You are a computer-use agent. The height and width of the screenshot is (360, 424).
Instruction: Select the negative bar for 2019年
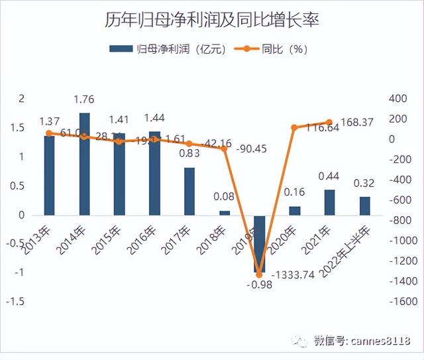pos(259,243)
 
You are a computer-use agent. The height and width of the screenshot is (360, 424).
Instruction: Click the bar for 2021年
pos(329,202)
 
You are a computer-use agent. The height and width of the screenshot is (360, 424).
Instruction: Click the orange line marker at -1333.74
pos(259,274)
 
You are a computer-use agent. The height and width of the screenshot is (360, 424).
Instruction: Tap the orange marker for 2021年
pos(329,122)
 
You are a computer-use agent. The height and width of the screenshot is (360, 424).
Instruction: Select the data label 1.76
pos(84,100)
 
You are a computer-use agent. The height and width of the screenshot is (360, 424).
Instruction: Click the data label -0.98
pos(258,286)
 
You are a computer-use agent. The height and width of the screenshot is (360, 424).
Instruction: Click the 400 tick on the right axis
pos(397,98)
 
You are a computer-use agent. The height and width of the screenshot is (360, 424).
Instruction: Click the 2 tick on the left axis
pos(21,99)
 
